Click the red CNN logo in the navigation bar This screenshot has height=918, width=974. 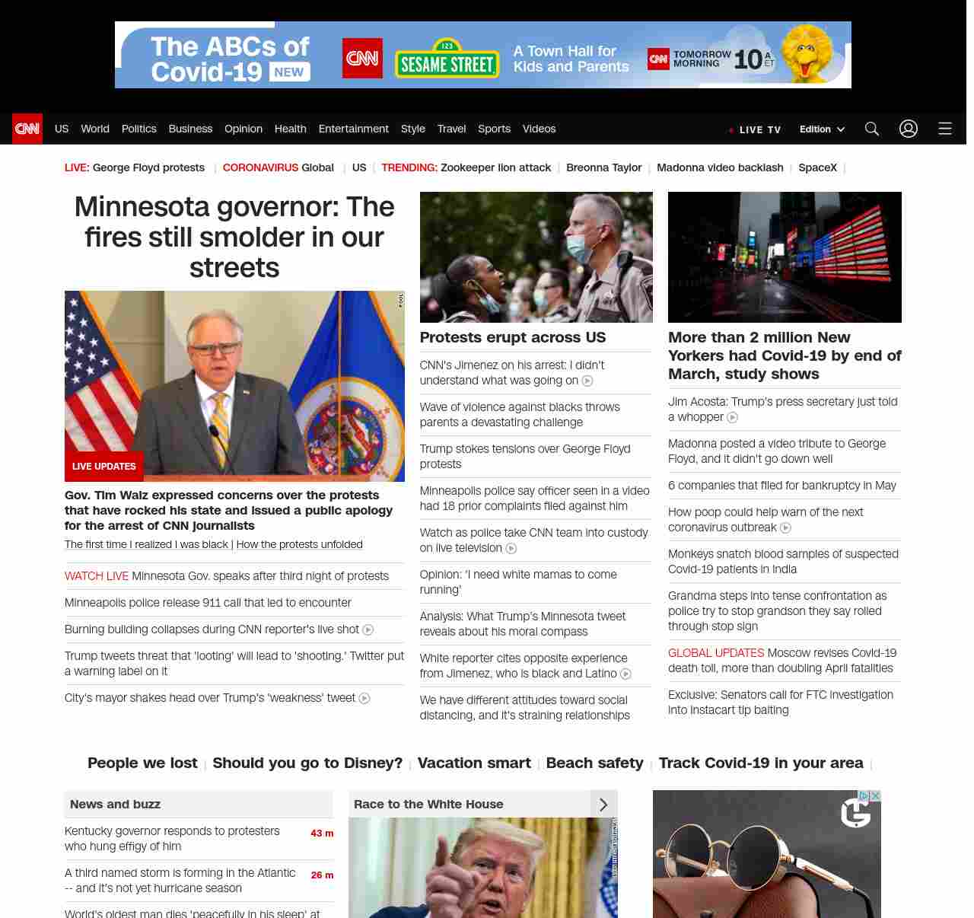pos(27,129)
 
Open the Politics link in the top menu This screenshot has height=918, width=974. pos(138,129)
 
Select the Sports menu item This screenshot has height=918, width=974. pos(494,129)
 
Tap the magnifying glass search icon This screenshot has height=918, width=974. pos(872,129)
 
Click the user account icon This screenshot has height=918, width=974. pos(909,129)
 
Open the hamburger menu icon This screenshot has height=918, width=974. pos(945,129)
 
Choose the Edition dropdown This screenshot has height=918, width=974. pos(822,129)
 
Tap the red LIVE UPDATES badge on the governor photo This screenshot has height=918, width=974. pos(104,467)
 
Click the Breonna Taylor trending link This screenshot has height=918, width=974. pos(603,167)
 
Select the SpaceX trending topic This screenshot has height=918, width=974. pos(817,167)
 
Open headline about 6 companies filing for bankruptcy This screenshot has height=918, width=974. pos(781,486)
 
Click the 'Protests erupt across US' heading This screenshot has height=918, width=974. pos(513,337)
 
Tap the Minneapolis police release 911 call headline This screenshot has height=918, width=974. pos(208,603)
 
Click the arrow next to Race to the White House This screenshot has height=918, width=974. pos(603,805)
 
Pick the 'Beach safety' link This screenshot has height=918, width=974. pos(594,763)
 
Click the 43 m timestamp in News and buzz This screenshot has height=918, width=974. pos(322,834)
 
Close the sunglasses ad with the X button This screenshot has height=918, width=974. pos(876,795)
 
